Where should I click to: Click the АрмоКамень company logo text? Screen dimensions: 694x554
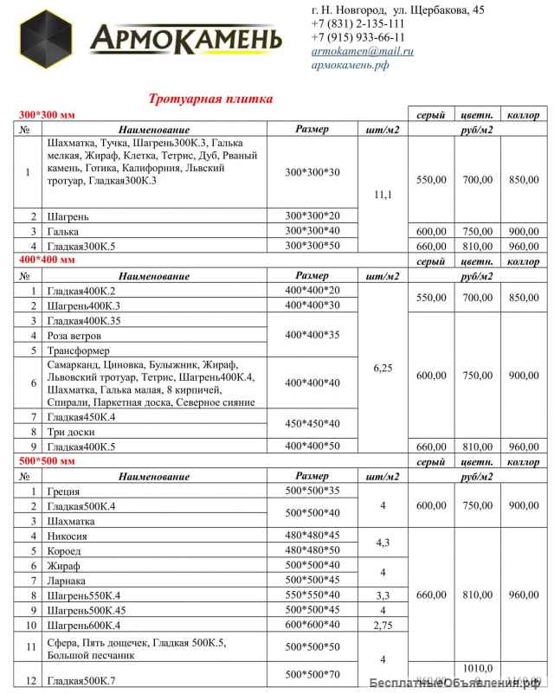187,39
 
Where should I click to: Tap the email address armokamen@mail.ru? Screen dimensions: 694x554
362,52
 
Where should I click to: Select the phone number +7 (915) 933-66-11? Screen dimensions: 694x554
357,38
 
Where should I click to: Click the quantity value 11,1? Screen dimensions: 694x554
383,196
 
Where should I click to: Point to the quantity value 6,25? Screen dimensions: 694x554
383,367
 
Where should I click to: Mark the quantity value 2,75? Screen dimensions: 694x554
383,625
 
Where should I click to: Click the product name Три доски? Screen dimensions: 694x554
72,431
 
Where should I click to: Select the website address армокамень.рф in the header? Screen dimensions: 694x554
350,66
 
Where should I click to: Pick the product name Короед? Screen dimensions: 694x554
68,549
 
